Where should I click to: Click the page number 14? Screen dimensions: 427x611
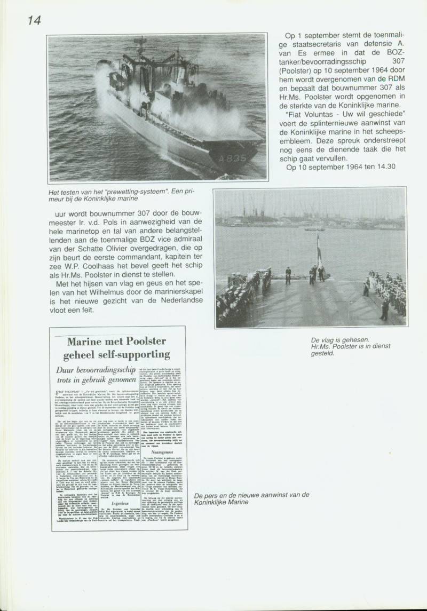33,20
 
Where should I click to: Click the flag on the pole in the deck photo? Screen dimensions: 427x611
319,248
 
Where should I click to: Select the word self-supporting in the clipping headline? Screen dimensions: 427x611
138,355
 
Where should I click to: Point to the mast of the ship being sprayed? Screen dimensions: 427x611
140,53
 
